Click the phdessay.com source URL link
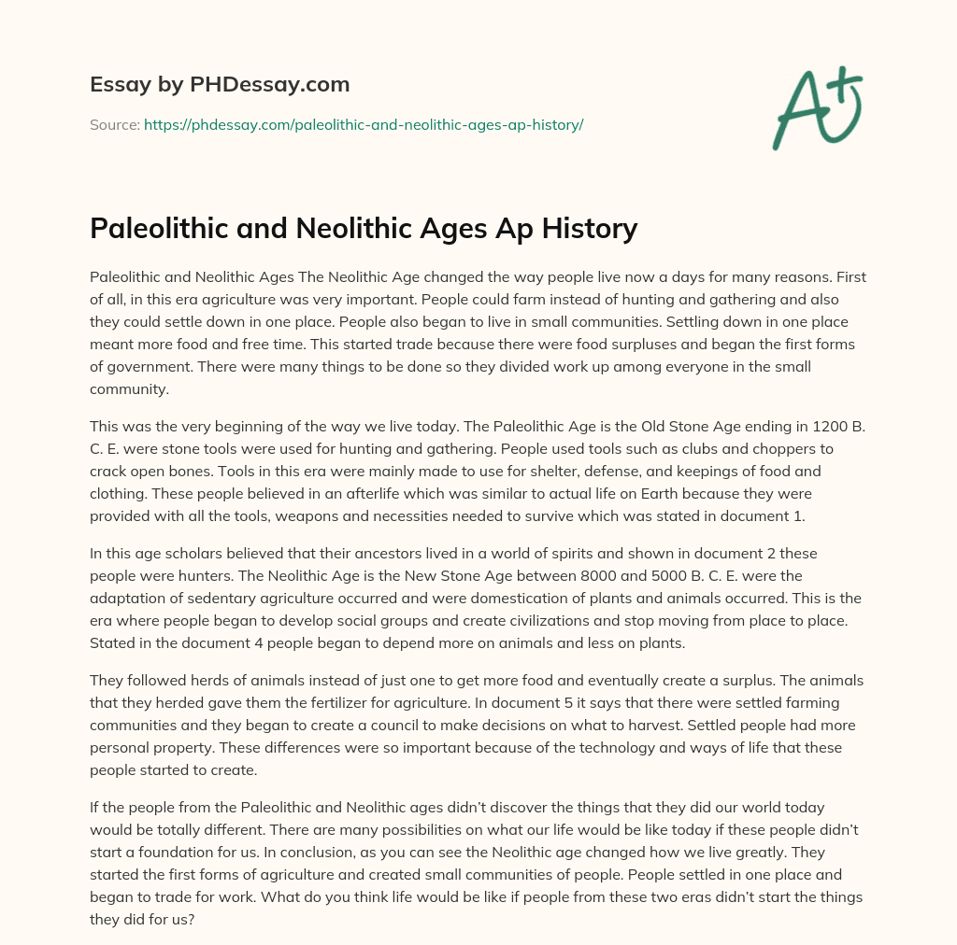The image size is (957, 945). pyautogui.click(x=364, y=124)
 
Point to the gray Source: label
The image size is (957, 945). pyautogui.click(x=114, y=124)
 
